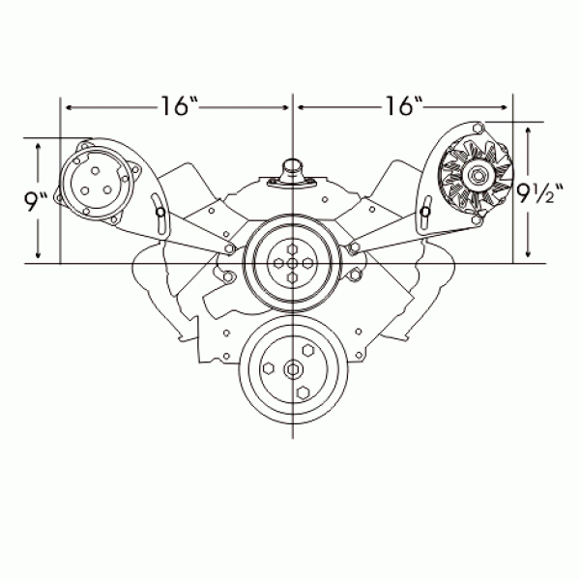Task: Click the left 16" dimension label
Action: coord(180,106)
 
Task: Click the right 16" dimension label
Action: coord(404,106)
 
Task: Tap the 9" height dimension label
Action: coord(36,202)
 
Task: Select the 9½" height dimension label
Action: coord(539,193)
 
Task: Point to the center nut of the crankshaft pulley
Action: coord(293,369)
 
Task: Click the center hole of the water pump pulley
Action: coord(292,264)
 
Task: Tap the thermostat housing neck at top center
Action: coord(293,171)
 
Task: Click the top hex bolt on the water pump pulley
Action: coord(292,249)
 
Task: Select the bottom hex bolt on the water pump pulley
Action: coord(292,277)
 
